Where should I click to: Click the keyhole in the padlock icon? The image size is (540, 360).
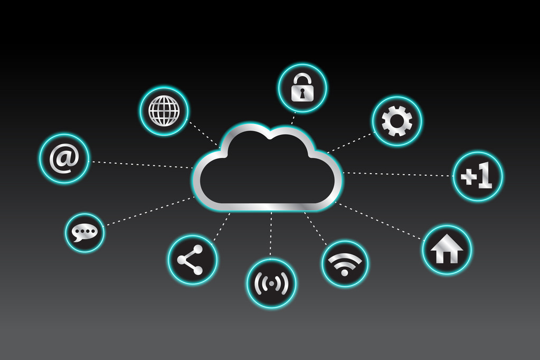point(302,93)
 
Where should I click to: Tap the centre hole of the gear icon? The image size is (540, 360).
point(397,121)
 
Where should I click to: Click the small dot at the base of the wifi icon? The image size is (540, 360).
point(344,273)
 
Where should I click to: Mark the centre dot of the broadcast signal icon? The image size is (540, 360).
point(271,283)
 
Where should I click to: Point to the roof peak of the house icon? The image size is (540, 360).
point(447,235)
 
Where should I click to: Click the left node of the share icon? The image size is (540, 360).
point(181,259)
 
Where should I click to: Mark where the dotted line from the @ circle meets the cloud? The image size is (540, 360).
point(193,168)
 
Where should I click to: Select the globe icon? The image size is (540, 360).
point(164,110)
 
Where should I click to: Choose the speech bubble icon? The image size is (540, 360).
point(84,233)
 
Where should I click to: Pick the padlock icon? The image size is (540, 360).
point(302,88)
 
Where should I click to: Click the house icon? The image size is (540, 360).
point(447,249)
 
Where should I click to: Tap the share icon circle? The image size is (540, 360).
point(193,259)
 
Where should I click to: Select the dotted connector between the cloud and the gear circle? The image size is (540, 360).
point(350,143)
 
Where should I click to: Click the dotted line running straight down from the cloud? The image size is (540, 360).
point(271,235)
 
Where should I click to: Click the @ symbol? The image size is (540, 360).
point(64,158)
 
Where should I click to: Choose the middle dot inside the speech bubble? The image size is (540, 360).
point(84,231)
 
